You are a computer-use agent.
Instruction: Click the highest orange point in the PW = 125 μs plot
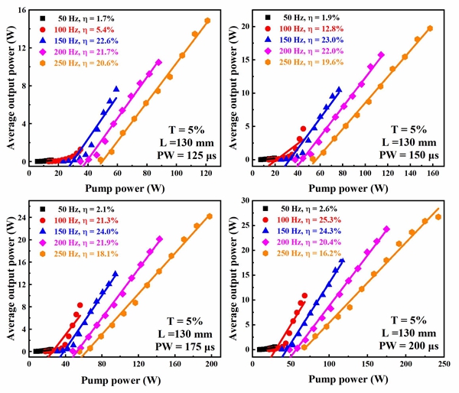tap(207, 21)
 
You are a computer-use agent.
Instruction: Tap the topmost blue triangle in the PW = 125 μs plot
tap(116, 88)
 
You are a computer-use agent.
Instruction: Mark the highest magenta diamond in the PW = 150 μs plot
tap(381, 55)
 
